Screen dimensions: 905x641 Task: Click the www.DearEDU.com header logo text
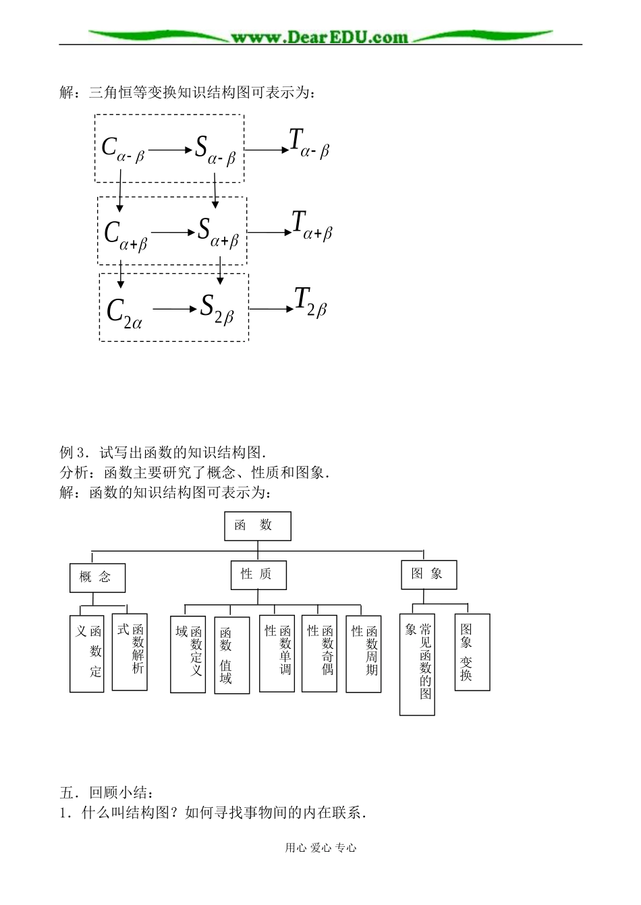pyautogui.click(x=319, y=36)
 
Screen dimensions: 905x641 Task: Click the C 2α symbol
pyautogui.click(x=124, y=312)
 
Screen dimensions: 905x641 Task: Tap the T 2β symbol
pyautogui.click(x=310, y=302)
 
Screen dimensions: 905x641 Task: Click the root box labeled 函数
pyautogui.click(x=257, y=526)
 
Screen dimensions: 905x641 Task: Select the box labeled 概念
pyautogui.click(x=97, y=578)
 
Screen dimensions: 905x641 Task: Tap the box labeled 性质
pyautogui.click(x=258, y=575)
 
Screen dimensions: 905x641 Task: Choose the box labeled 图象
pyautogui.click(x=428, y=575)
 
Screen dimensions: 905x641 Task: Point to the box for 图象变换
pyautogui.click(x=472, y=652)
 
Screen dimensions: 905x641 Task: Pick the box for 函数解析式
pyautogui.click(x=130, y=651)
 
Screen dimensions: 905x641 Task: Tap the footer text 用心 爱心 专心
pyautogui.click(x=320, y=848)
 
